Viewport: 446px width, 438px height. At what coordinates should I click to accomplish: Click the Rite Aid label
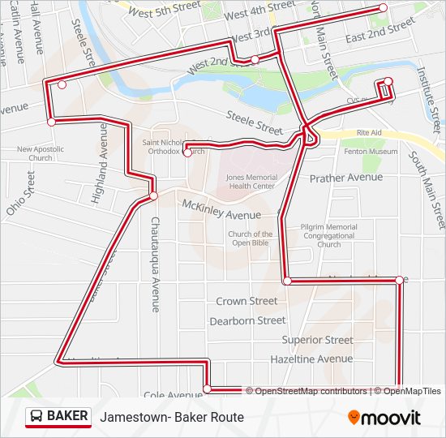click(x=368, y=132)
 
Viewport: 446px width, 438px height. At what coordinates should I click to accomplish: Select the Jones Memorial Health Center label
click(x=251, y=181)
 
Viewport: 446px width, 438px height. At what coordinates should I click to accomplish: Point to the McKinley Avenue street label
click(x=221, y=209)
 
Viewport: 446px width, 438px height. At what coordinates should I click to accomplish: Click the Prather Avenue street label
click(x=345, y=177)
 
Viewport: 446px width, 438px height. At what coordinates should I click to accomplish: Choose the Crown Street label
click(x=247, y=301)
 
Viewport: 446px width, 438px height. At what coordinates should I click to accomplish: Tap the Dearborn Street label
click(x=247, y=320)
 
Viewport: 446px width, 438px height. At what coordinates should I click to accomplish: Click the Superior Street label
click(x=317, y=340)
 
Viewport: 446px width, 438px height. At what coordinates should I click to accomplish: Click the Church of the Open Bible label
click(x=250, y=239)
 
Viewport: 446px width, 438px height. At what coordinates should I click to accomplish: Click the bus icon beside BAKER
click(x=36, y=416)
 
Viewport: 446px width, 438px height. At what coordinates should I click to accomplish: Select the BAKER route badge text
click(x=67, y=416)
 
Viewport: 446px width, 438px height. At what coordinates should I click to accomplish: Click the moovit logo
click(x=384, y=418)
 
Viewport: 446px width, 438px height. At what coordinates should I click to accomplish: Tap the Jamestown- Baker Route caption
click(x=172, y=417)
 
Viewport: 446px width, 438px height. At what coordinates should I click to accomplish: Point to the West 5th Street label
click(x=165, y=10)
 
